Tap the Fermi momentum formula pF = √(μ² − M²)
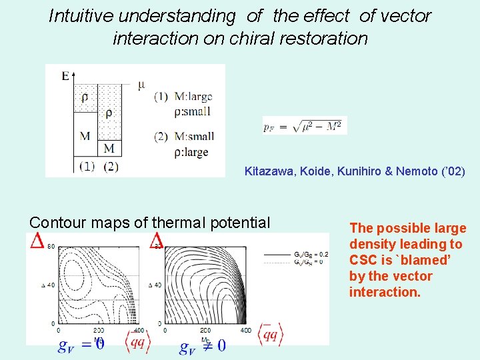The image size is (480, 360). pyautogui.click(x=305, y=125)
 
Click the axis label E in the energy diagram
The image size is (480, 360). pyautogui.click(x=65, y=76)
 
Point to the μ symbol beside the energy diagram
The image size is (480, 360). pyautogui.click(x=141, y=84)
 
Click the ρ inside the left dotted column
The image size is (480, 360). pyautogui.click(x=85, y=97)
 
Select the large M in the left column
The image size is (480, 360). pyautogui.click(x=85, y=136)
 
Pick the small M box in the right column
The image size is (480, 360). pyautogui.click(x=110, y=147)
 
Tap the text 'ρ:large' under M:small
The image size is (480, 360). pyautogui.click(x=191, y=151)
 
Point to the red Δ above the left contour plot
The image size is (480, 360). pyautogui.click(x=37, y=241)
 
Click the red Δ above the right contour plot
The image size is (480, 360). pyautogui.click(x=157, y=239)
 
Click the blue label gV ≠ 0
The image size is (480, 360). pyautogui.click(x=203, y=345)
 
